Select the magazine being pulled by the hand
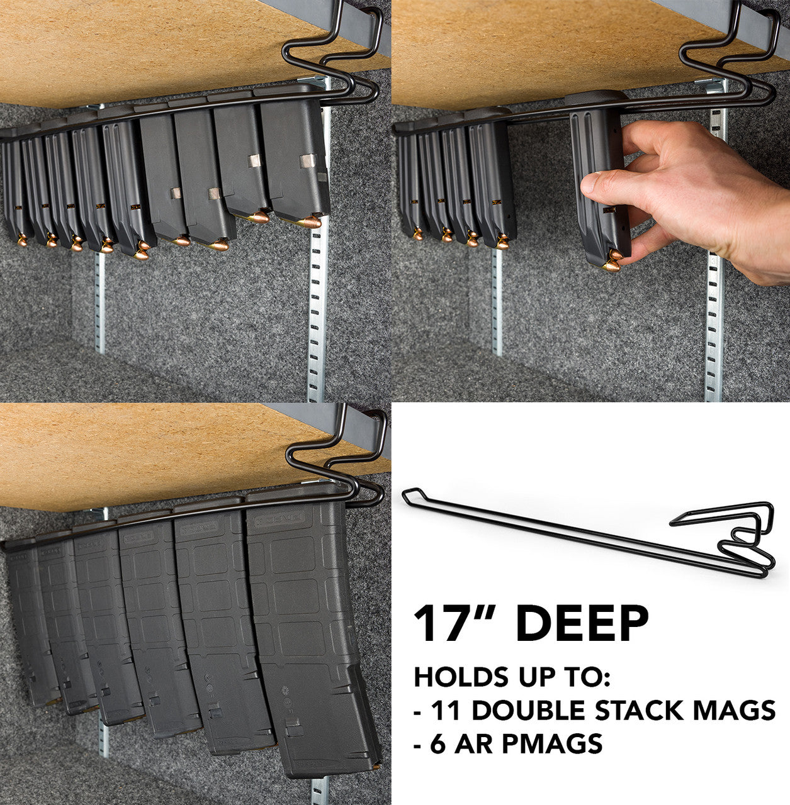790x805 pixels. pos(597,189)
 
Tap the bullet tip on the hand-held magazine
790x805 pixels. pos(612,264)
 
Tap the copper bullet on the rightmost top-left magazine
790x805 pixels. pos(308,222)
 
